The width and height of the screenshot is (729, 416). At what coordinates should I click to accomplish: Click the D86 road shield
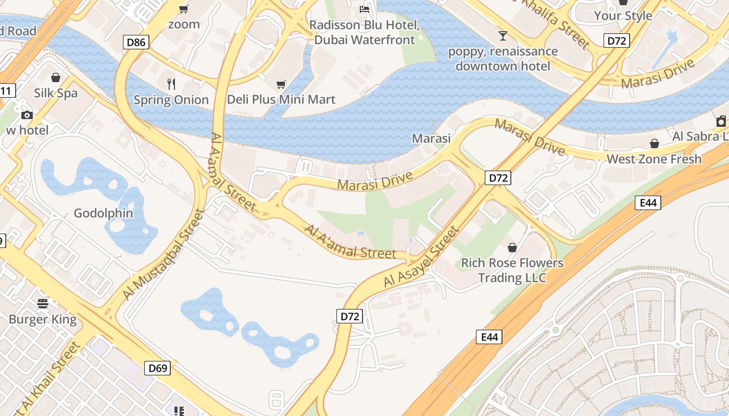136,42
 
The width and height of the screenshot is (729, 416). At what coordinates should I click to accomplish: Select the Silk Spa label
56,93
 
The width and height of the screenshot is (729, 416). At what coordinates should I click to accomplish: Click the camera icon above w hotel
27,115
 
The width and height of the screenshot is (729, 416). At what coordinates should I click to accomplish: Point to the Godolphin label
103,213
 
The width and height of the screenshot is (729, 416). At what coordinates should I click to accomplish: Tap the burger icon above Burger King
43,304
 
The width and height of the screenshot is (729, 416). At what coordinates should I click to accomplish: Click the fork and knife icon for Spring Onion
171,84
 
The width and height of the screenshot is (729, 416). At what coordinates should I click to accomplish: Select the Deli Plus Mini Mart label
281,99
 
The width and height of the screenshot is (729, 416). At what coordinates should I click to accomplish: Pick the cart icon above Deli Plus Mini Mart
281,84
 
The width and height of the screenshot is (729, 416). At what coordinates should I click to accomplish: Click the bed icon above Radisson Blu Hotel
364,9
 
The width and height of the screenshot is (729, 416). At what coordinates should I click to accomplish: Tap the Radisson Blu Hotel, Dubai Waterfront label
364,32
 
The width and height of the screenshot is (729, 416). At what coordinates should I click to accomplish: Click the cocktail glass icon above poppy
502,36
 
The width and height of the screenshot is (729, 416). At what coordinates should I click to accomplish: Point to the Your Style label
623,16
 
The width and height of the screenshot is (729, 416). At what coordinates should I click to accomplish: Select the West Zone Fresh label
654,159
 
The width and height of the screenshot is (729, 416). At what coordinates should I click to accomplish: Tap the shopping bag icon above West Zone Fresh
654,144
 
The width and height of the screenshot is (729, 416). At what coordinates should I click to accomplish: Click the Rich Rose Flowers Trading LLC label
512,270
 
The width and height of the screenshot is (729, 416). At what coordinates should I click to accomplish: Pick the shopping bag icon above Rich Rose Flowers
512,248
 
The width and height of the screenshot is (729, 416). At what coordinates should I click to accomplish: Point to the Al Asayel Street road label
422,256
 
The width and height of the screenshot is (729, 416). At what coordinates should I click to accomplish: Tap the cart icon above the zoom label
183,9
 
